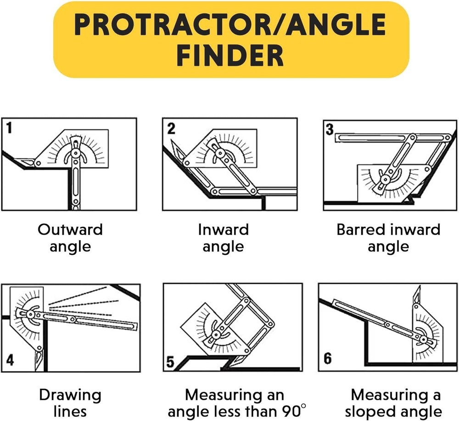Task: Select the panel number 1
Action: coord(8,128)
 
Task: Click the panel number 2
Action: coord(171,128)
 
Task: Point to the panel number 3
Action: coord(330,129)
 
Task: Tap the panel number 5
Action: coord(170,363)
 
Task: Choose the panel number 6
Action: coord(327,358)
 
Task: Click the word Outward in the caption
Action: coord(70,230)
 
